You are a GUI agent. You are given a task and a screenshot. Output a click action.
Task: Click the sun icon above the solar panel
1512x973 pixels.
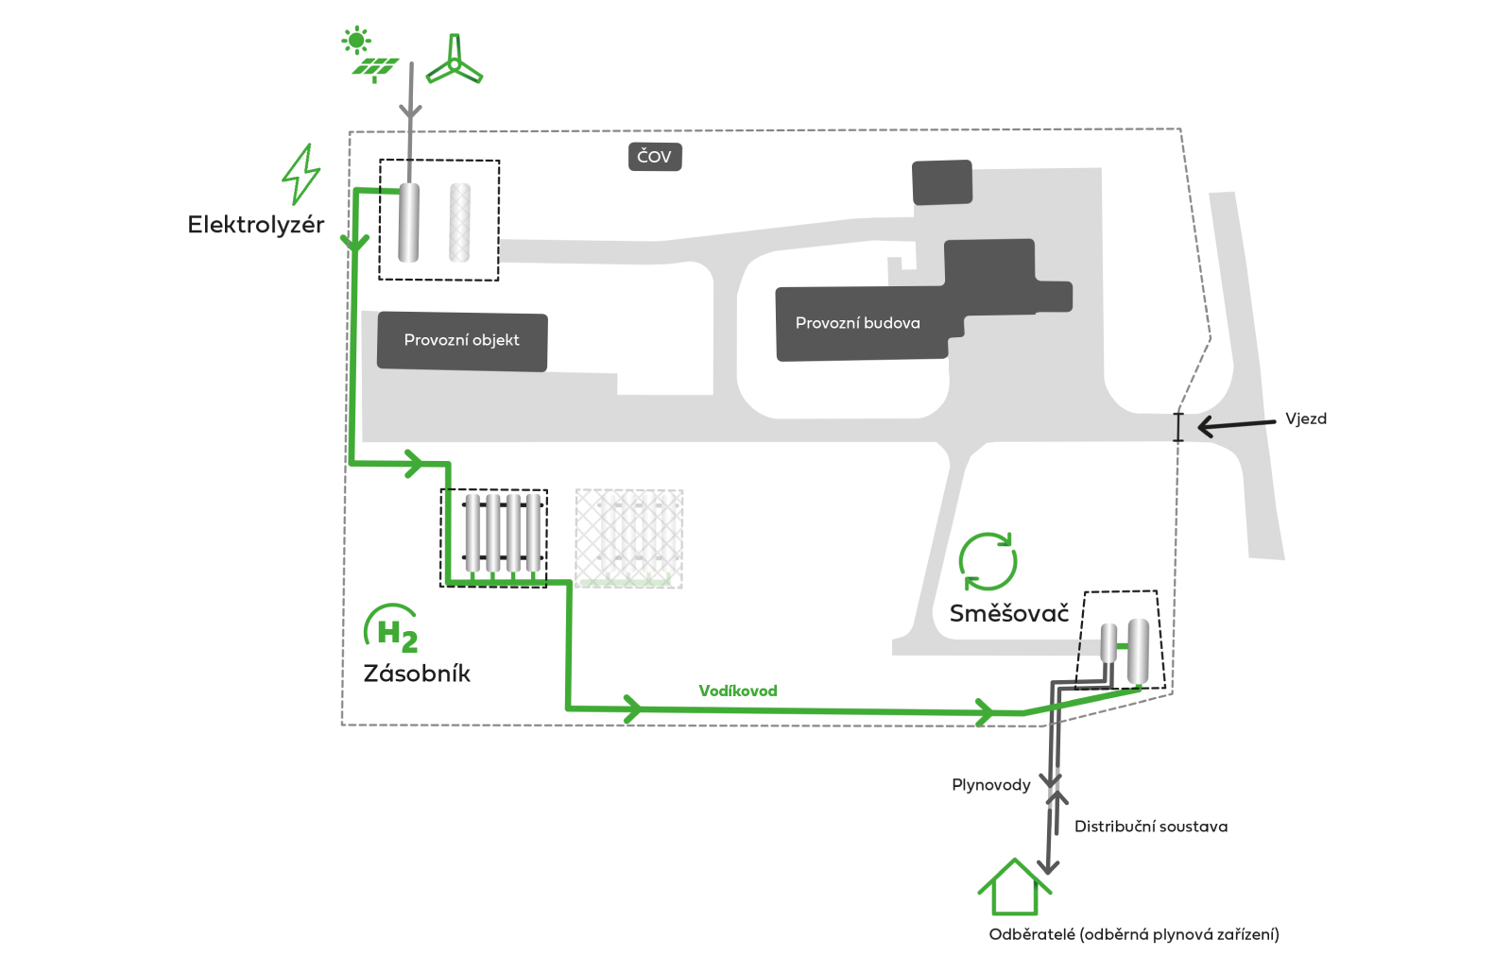pos(355,41)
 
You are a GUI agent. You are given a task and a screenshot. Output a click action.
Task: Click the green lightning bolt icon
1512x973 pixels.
pos(301,174)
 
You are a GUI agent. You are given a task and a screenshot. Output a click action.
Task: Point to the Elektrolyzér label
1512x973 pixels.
pos(256,225)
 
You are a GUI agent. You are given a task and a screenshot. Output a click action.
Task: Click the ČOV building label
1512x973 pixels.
pos(655,157)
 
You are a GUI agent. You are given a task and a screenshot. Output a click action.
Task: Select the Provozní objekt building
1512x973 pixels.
pos(462,341)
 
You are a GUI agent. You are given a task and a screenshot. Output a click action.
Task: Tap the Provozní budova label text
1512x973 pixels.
pos(857,323)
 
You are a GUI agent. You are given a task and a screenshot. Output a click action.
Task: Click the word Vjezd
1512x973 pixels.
pos(1305,418)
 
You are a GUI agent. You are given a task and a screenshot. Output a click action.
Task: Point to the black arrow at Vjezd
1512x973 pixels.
pos(1237,426)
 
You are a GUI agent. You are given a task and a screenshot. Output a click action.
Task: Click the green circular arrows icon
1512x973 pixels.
pos(988,561)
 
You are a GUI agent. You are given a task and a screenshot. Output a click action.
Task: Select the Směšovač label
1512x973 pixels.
pos(1009,613)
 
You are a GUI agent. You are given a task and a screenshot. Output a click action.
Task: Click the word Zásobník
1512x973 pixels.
pos(417,674)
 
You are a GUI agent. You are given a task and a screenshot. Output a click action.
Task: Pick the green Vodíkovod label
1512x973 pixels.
pos(738,691)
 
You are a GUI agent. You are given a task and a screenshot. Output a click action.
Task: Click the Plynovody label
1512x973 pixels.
pos(991,785)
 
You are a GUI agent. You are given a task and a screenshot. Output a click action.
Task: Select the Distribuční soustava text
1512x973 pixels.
pos(1151,827)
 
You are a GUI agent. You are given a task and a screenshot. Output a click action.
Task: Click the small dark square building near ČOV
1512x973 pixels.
pos(942,182)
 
